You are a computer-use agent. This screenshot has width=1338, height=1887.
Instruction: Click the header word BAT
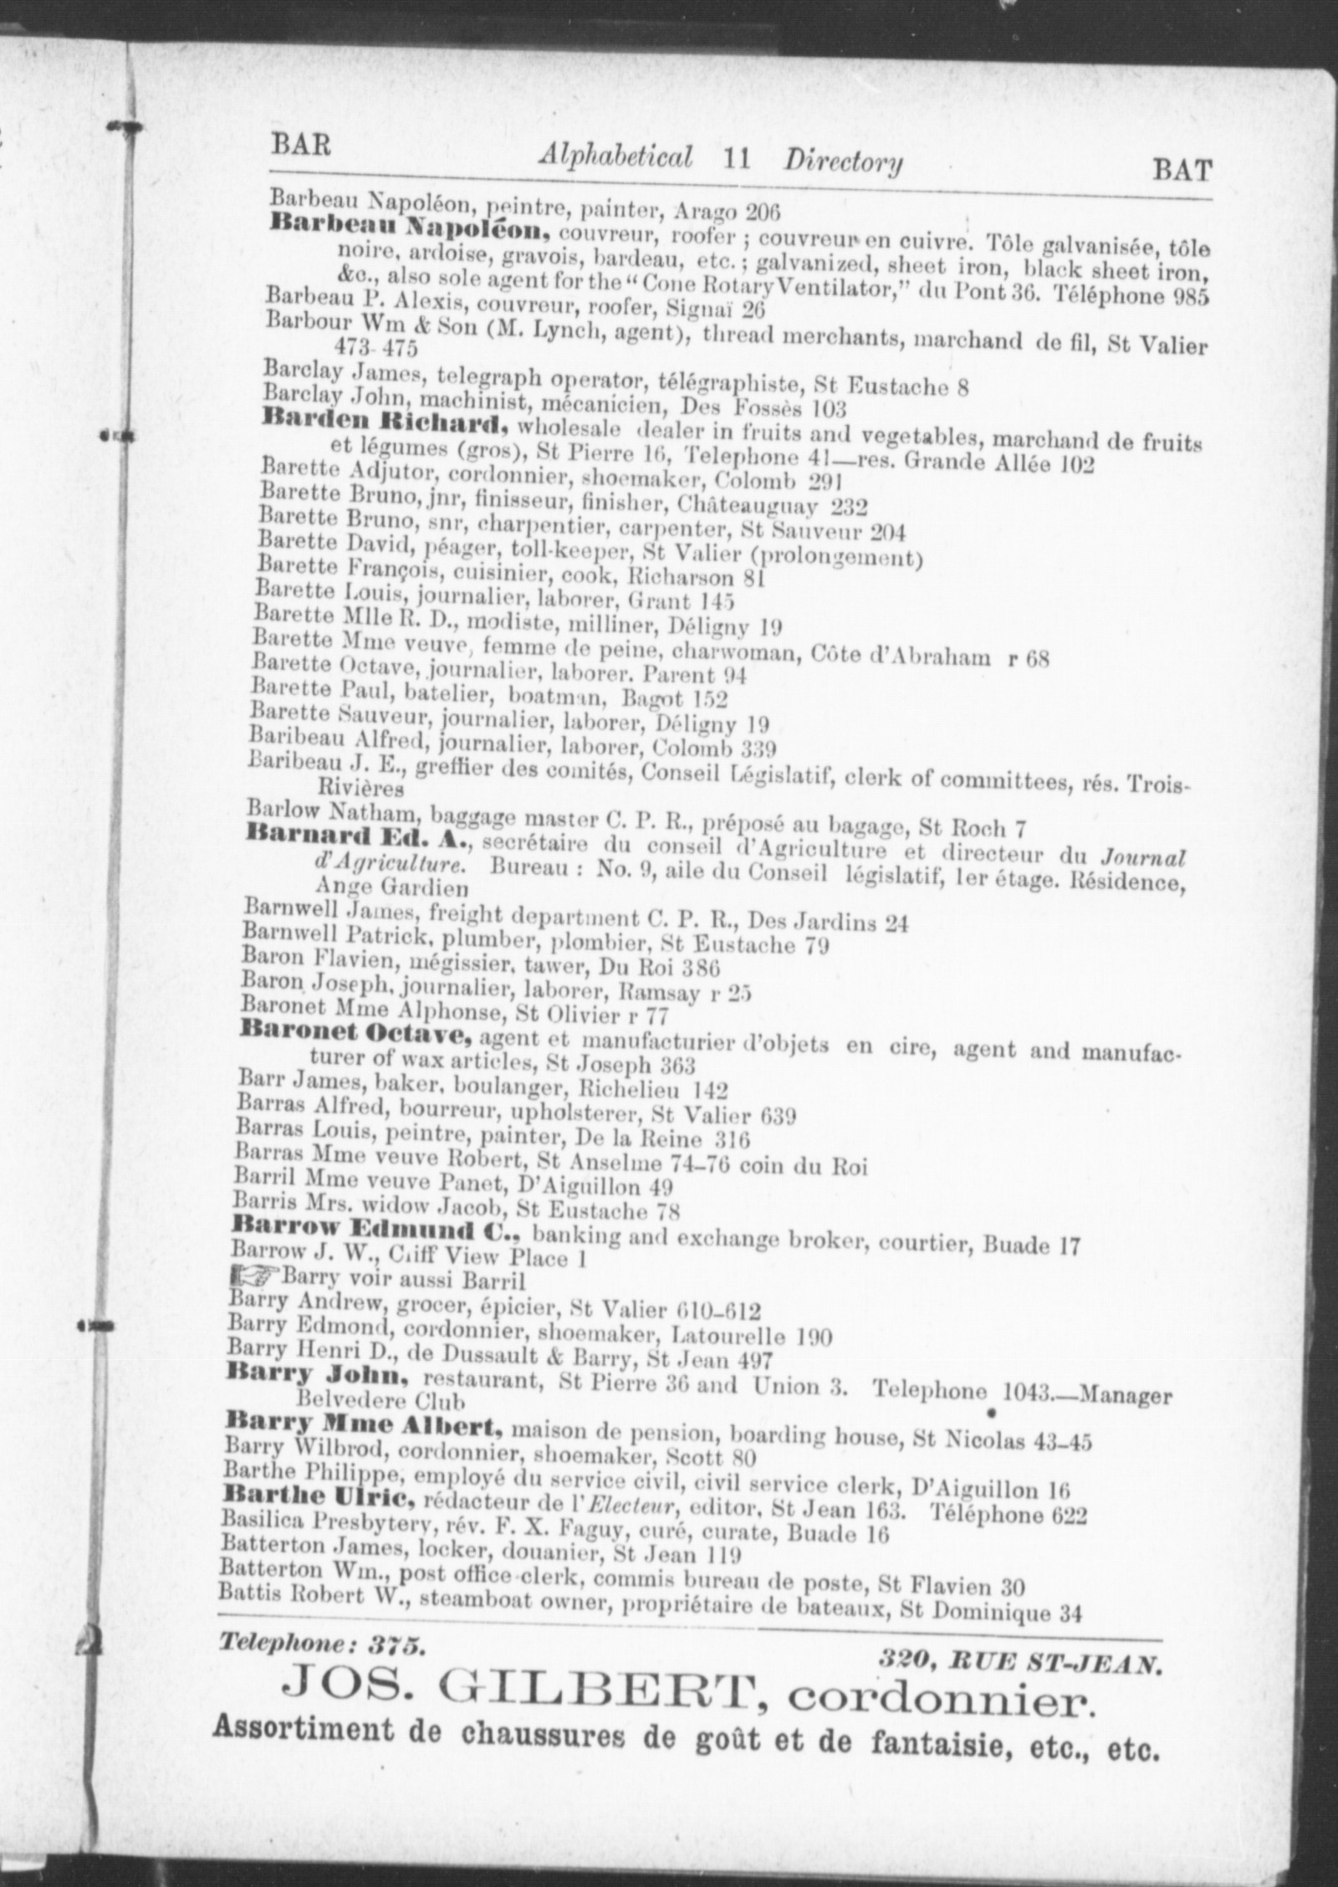(x=1182, y=171)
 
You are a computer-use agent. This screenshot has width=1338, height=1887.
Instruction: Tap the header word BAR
(x=300, y=146)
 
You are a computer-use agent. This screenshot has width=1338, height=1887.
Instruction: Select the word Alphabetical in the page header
(x=616, y=156)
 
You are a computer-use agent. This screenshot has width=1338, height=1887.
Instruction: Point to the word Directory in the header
(x=843, y=161)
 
